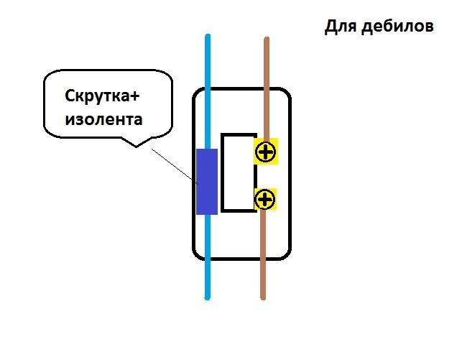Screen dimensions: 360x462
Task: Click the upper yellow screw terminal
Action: click(266, 152)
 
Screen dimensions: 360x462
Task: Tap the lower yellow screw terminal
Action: click(266, 198)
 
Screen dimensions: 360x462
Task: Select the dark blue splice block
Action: click(207, 181)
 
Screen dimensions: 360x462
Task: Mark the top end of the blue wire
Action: click(208, 36)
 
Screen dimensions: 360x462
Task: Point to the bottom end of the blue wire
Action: click(208, 296)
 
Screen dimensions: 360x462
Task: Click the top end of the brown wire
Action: click(266, 40)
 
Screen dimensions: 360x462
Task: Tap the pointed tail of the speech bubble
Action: click(137, 144)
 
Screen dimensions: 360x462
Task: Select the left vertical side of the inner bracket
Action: click(223, 172)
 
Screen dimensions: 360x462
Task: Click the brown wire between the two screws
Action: click(265, 175)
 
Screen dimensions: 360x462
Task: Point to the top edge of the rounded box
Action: click(241, 89)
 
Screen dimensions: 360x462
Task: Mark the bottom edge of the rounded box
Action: click(241, 257)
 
